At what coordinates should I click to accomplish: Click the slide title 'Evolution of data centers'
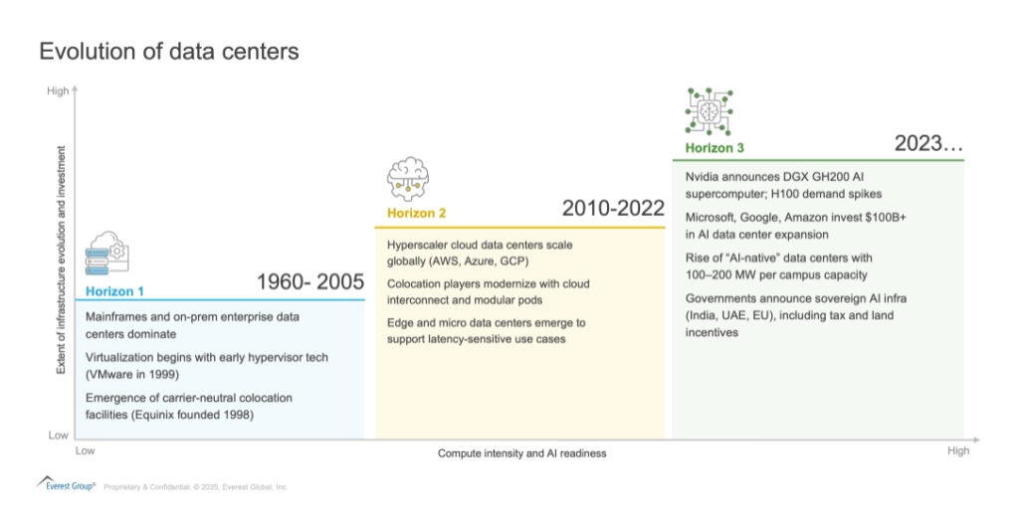tap(169, 52)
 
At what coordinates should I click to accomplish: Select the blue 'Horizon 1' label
tap(114, 291)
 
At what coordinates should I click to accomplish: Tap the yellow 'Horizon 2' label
tap(417, 213)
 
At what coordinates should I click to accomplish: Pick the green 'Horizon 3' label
tap(714, 148)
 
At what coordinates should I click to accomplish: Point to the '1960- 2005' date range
tap(310, 281)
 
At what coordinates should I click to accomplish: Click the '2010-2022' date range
tap(613, 209)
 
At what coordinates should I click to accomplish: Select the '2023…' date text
tap(928, 143)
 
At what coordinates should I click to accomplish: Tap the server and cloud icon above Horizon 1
tap(107, 254)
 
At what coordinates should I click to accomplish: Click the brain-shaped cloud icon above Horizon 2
tap(408, 179)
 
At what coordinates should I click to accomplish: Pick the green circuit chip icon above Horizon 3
tap(709, 111)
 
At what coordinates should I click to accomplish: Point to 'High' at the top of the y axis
tap(58, 90)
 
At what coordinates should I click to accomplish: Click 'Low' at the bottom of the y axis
tap(58, 434)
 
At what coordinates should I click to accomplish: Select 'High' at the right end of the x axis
tap(958, 450)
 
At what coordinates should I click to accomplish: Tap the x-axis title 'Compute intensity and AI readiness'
tap(521, 453)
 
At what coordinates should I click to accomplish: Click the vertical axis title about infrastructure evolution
tap(61, 259)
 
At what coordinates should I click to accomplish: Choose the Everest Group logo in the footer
tap(66, 484)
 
